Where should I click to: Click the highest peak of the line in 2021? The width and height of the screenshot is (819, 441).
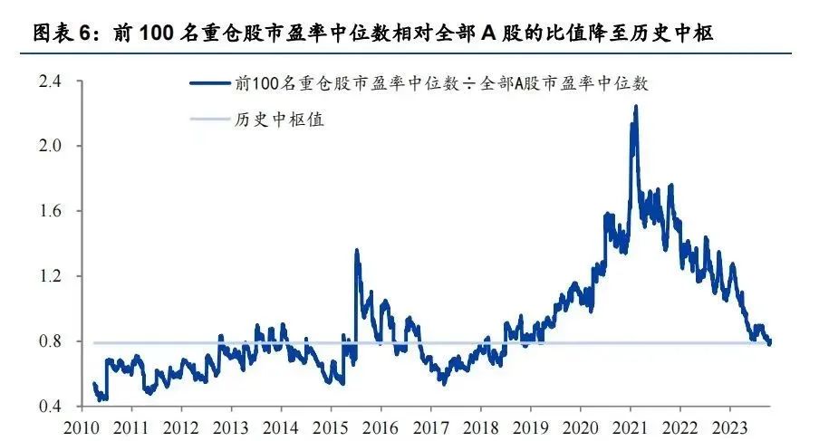click(x=636, y=106)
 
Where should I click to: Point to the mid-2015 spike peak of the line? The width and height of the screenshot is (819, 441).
click(x=356, y=249)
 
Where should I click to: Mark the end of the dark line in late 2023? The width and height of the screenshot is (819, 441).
click(x=770, y=343)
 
